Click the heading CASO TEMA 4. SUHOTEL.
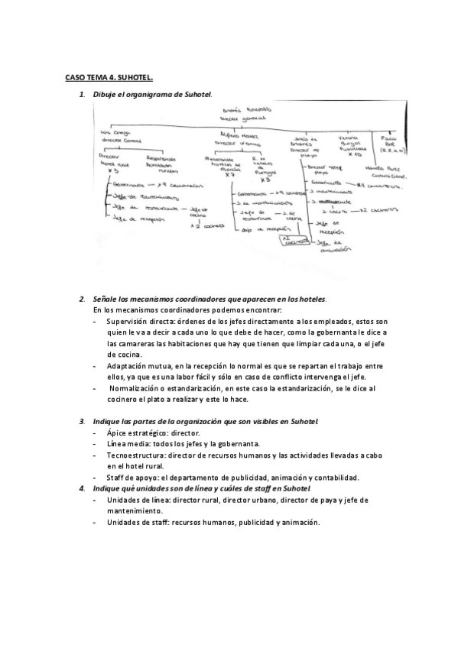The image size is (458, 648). tap(109, 77)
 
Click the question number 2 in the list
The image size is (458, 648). tap(82, 298)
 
